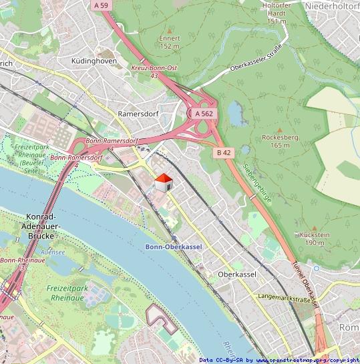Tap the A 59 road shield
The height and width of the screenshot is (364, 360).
[x=101, y=5]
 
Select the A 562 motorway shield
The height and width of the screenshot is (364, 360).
[x=204, y=114]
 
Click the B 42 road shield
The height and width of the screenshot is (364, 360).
[x=224, y=153]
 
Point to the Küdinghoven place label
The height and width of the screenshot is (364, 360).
[x=94, y=61]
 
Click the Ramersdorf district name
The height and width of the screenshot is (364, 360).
[x=138, y=114]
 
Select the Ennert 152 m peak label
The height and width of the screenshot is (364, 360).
[x=170, y=42]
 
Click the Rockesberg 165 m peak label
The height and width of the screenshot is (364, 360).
[x=275, y=141]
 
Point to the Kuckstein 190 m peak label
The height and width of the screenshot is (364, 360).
[x=315, y=238]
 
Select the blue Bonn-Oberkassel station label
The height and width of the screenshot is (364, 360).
[x=173, y=246]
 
